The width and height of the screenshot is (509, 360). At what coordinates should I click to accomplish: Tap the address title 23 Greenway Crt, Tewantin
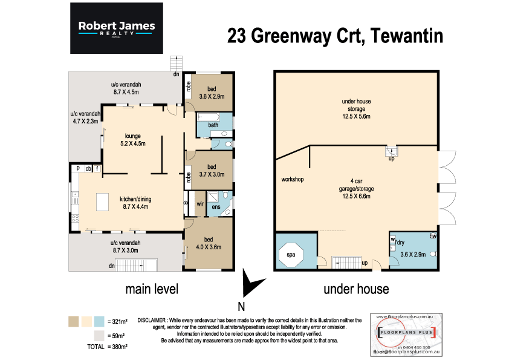point(335,36)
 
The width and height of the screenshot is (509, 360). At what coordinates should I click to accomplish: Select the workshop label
point(292,180)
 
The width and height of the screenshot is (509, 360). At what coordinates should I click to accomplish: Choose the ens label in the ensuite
point(215,207)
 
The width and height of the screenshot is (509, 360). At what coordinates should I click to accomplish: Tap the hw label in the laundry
point(432,236)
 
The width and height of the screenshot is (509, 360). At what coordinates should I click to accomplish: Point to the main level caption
point(151,289)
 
